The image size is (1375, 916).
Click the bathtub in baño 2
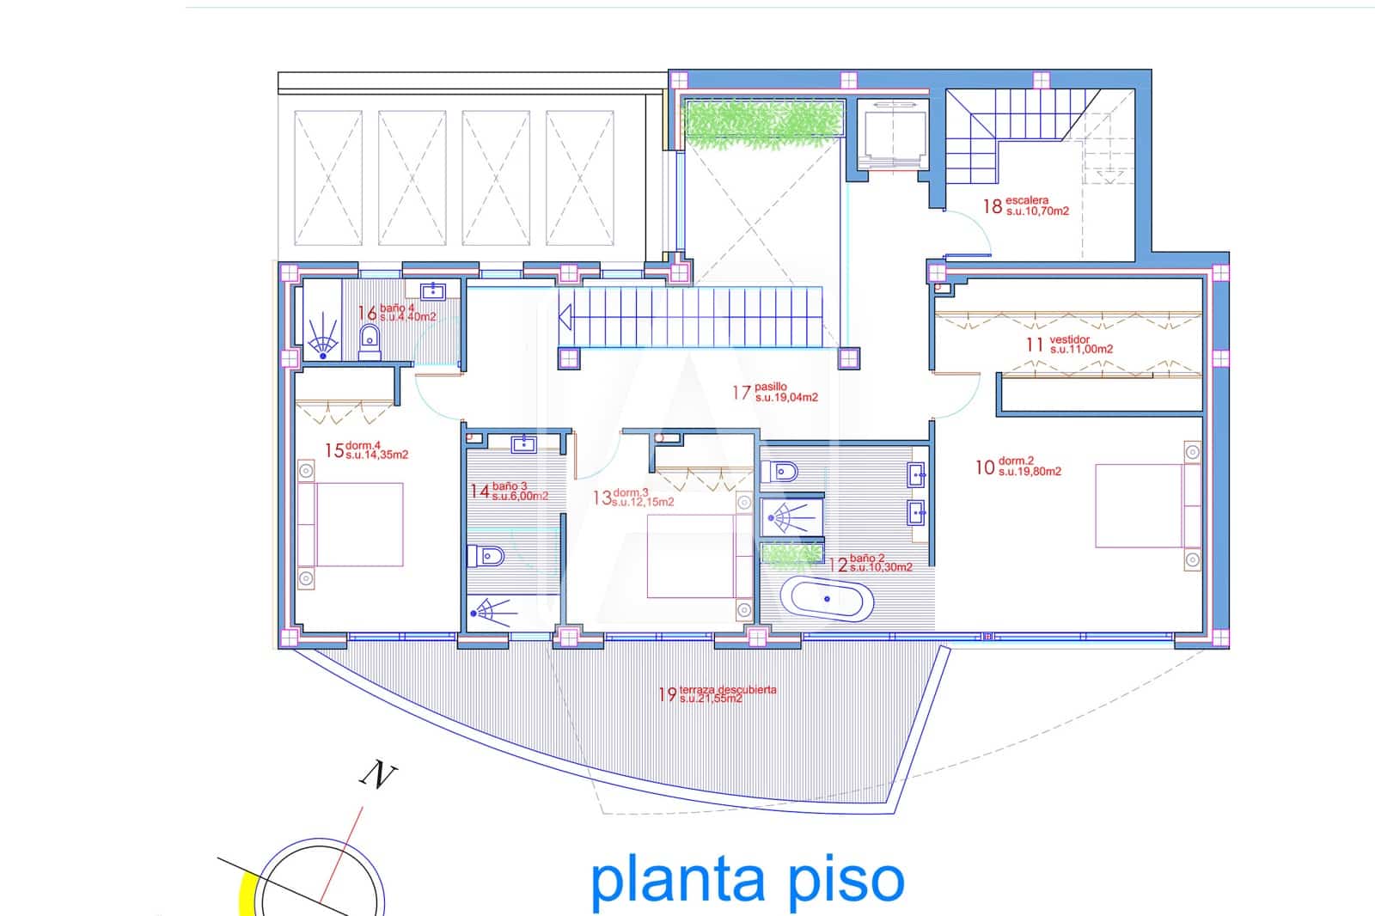pyautogui.click(x=827, y=599)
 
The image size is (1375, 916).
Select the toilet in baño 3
pyautogui.click(x=483, y=557)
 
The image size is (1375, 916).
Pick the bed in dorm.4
pyautogui.click(x=352, y=524)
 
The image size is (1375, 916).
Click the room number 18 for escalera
pyautogui.click(x=993, y=206)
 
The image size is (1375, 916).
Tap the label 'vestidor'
pyautogui.click(x=1069, y=340)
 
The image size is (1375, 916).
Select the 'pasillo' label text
pyautogui.click(x=771, y=388)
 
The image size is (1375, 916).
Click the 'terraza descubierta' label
pyautogui.click(x=728, y=689)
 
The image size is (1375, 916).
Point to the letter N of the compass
pyautogui.click(x=376, y=777)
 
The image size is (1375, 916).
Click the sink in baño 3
pyautogui.click(x=523, y=444)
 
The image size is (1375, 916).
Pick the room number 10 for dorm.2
pyautogui.click(x=984, y=467)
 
